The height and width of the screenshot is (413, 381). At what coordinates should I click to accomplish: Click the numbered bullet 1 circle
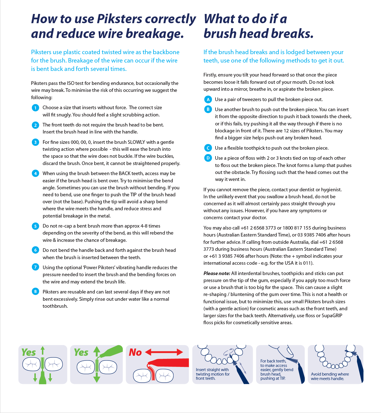pyautogui.click(x=35, y=108)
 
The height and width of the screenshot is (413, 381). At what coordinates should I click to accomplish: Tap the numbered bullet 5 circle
pyautogui.click(x=35, y=226)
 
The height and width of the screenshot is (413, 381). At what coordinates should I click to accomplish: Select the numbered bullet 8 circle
pyautogui.click(x=35, y=292)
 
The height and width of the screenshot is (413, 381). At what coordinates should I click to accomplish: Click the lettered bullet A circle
pyautogui.click(x=208, y=99)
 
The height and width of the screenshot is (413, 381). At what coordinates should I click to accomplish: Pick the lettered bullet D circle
pyautogui.click(x=208, y=158)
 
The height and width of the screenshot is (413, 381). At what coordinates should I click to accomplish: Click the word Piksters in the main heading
pyautogui.click(x=119, y=19)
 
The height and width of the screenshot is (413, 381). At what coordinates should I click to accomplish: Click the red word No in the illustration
pyautogui.click(x=135, y=352)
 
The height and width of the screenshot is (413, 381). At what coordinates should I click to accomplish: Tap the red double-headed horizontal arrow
pyautogui.click(x=164, y=352)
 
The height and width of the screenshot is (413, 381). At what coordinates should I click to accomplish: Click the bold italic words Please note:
pyautogui.click(x=217, y=273)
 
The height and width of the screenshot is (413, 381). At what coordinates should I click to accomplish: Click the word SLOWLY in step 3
pyautogui.click(x=136, y=142)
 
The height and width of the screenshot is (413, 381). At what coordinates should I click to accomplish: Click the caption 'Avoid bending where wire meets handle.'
pyautogui.click(x=330, y=376)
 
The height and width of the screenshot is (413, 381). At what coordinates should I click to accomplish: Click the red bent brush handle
pyautogui.click(x=171, y=362)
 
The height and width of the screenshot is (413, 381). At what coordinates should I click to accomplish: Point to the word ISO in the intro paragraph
pyautogui.click(x=71, y=83)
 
